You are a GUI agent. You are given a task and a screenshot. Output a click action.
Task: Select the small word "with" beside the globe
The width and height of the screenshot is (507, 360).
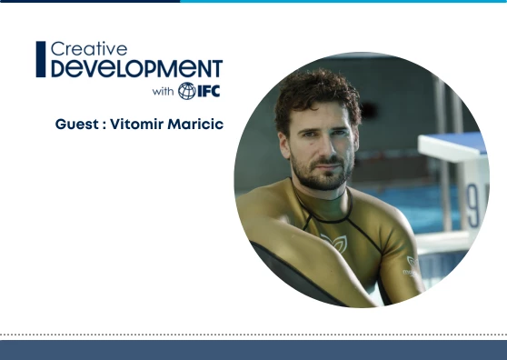point(163,91)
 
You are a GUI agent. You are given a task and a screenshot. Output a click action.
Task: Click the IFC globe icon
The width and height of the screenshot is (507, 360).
point(186,91)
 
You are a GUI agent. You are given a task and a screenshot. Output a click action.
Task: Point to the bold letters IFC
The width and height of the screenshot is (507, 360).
point(208,91)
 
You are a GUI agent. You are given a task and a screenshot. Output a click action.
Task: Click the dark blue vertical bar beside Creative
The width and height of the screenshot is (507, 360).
point(40,59)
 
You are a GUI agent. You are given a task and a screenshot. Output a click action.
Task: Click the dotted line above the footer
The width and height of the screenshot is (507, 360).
point(253,334)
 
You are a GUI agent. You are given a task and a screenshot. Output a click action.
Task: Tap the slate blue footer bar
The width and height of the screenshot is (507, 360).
point(253,351)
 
